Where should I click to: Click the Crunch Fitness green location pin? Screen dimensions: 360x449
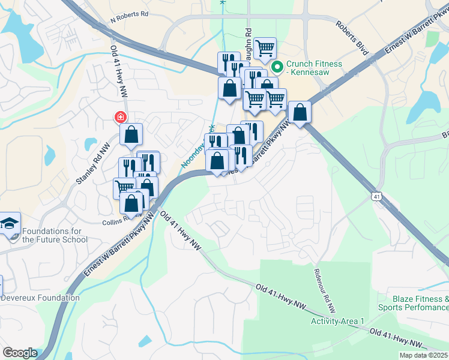(x=278, y=67)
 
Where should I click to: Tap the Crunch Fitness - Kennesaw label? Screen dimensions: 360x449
(x=314, y=68)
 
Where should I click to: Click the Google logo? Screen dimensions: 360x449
(x=20, y=353)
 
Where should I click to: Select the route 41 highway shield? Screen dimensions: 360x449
(x=376, y=196)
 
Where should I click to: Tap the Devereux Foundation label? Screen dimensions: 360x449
(x=40, y=298)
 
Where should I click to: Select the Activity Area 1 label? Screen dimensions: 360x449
(x=337, y=321)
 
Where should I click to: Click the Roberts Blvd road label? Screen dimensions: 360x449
(x=351, y=38)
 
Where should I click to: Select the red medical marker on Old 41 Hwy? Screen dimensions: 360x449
(x=121, y=117)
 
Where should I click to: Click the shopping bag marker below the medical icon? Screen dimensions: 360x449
(x=131, y=134)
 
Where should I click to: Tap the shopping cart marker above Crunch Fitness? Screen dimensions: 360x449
(x=265, y=48)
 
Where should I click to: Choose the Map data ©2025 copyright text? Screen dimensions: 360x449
(x=424, y=355)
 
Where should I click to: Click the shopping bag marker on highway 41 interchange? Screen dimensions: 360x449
(x=300, y=112)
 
